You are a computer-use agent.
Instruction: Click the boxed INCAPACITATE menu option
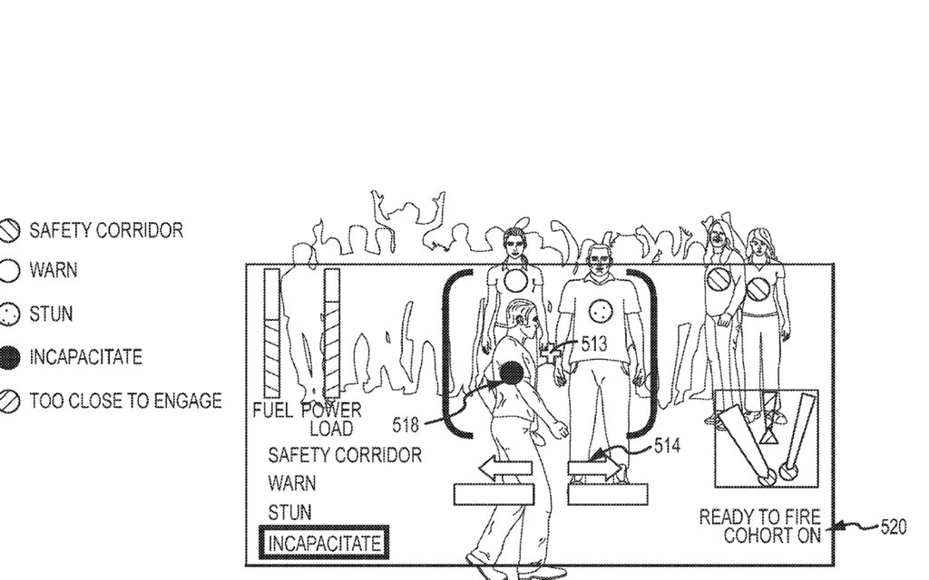click(324, 544)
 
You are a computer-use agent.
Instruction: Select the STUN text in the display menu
click(289, 513)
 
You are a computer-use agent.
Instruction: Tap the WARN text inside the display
click(292, 484)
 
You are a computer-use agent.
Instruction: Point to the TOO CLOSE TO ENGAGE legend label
click(125, 401)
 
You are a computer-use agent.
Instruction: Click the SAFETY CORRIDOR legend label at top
click(106, 230)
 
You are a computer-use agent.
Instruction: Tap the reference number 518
click(406, 423)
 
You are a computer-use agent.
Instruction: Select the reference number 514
click(667, 445)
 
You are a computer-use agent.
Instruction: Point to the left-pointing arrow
click(505, 469)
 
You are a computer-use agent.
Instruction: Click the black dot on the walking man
click(512, 372)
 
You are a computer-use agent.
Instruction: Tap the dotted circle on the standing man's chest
click(598, 312)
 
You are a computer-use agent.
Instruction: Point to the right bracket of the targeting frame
click(648, 350)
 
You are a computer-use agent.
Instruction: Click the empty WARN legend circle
click(9, 271)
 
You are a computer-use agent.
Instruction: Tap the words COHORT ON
click(772, 535)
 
